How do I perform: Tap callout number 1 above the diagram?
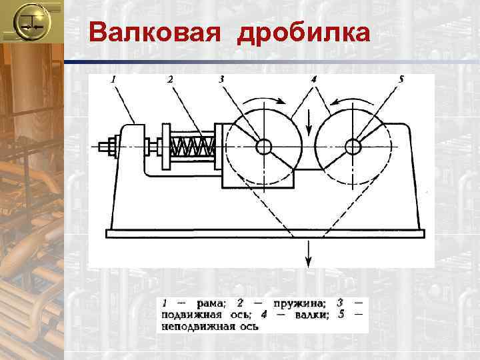pos(113,79)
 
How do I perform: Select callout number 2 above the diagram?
pos(170,79)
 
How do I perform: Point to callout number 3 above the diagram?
pos(221,79)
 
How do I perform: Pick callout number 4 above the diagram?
pos(313,79)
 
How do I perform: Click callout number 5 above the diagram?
pos(401,79)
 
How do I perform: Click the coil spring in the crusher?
pos(193,146)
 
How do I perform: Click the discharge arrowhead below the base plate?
pos(308,262)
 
